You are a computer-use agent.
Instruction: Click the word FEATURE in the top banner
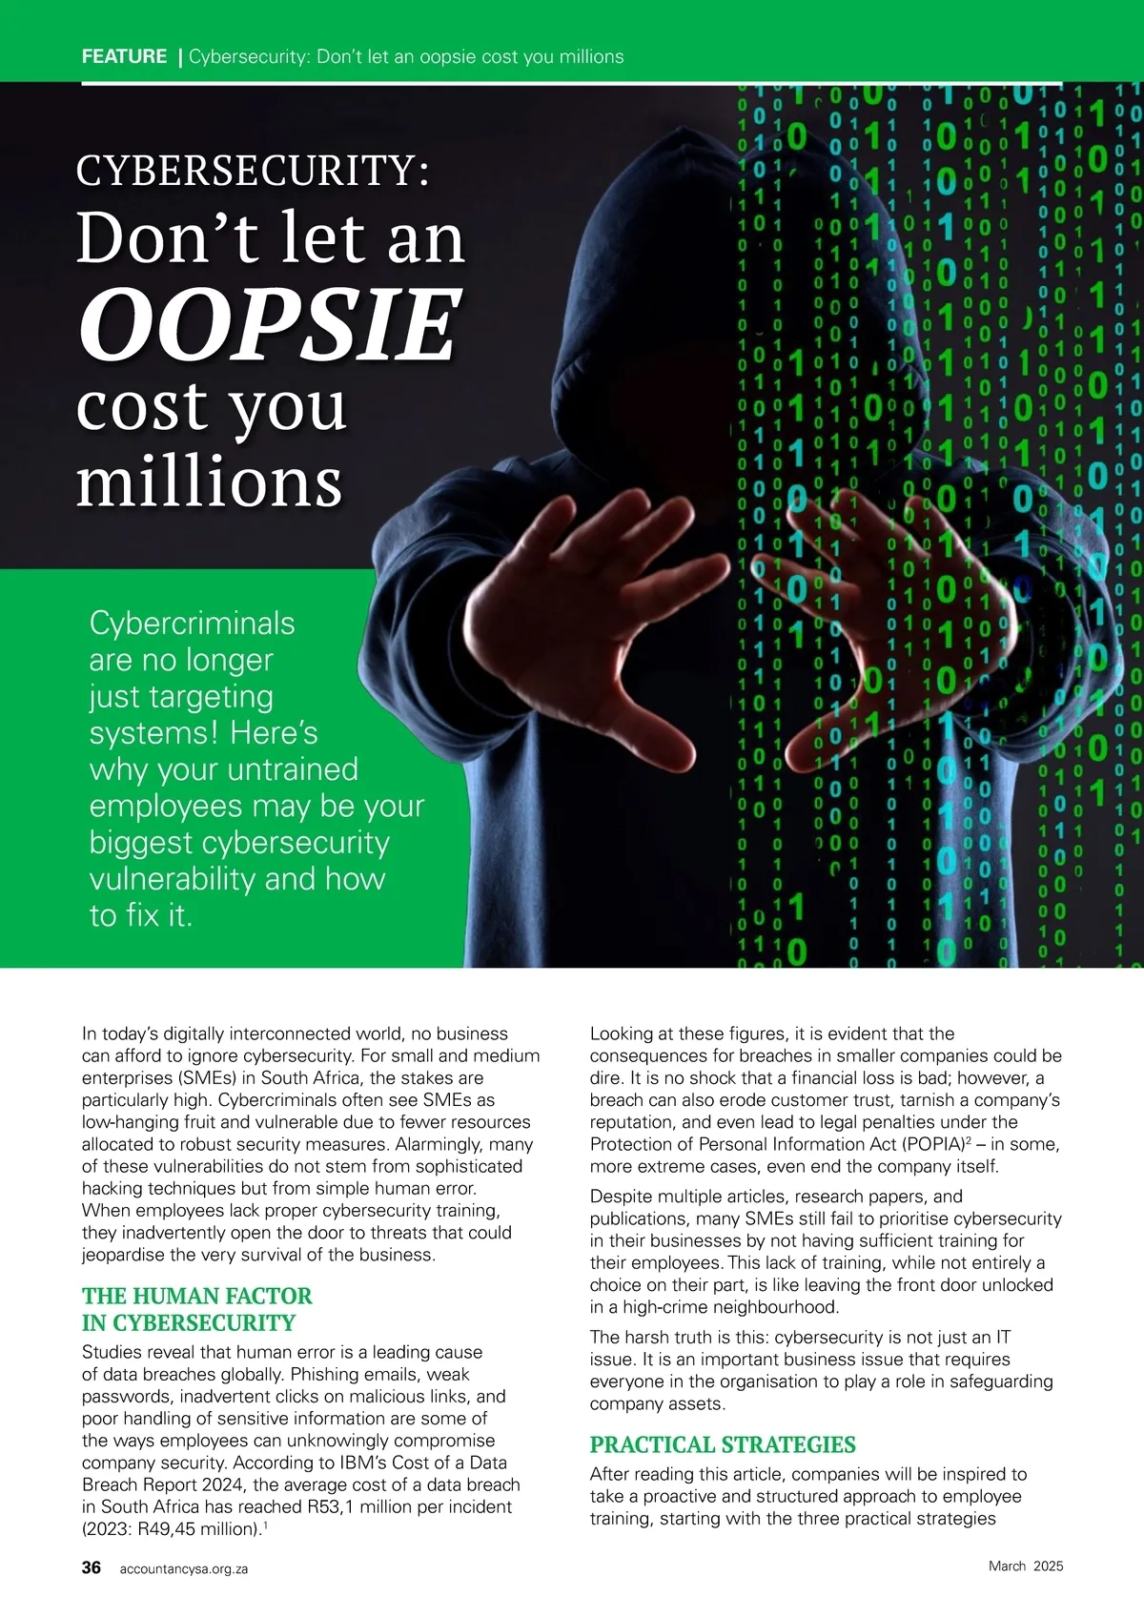click(x=124, y=56)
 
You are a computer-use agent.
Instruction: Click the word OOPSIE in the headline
click(x=270, y=324)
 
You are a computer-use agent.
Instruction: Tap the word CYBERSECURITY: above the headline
click(x=252, y=170)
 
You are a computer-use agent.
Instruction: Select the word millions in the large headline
click(x=209, y=481)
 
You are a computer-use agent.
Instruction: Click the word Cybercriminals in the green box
click(x=192, y=624)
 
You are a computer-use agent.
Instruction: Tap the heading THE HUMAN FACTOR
click(x=196, y=1296)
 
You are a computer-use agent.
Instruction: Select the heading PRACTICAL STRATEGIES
click(x=723, y=1444)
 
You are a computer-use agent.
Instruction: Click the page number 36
click(x=92, y=1567)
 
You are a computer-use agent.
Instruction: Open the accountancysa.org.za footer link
click(x=183, y=1568)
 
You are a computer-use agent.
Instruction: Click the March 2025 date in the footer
click(x=1025, y=1566)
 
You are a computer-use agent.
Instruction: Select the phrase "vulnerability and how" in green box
click(x=236, y=879)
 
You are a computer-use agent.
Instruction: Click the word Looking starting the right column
click(x=624, y=1034)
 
